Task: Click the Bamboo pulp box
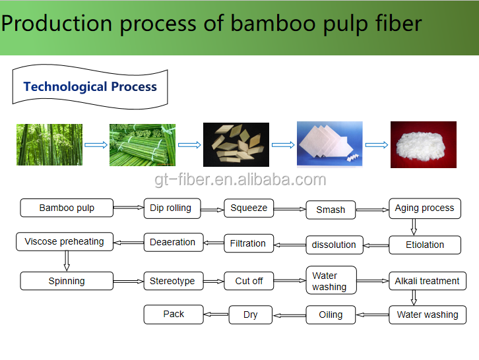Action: click(67, 208)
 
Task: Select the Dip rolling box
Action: click(172, 208)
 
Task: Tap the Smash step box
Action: click(331, 210)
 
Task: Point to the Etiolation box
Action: click(425, 245)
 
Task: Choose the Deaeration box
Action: click(174, 242)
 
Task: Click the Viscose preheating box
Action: click(65, 241)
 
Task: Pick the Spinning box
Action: click(67, 281)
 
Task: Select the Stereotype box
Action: click(174, 281)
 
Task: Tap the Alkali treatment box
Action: click(428, 281)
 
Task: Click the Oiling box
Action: click(331, 315)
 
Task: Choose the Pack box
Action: click(174, 315)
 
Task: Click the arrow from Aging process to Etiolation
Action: click(414, 227)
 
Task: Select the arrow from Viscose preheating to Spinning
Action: click(67, 260)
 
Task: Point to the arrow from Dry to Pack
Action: click(216, 315)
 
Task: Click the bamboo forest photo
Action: click(49, 145)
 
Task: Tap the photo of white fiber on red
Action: click(424, 145)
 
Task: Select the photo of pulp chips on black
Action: click(236, 145)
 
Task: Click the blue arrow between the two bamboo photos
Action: click(96, 145)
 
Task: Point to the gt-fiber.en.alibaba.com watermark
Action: click(240, 179)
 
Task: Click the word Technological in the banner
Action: click(65, 87)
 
